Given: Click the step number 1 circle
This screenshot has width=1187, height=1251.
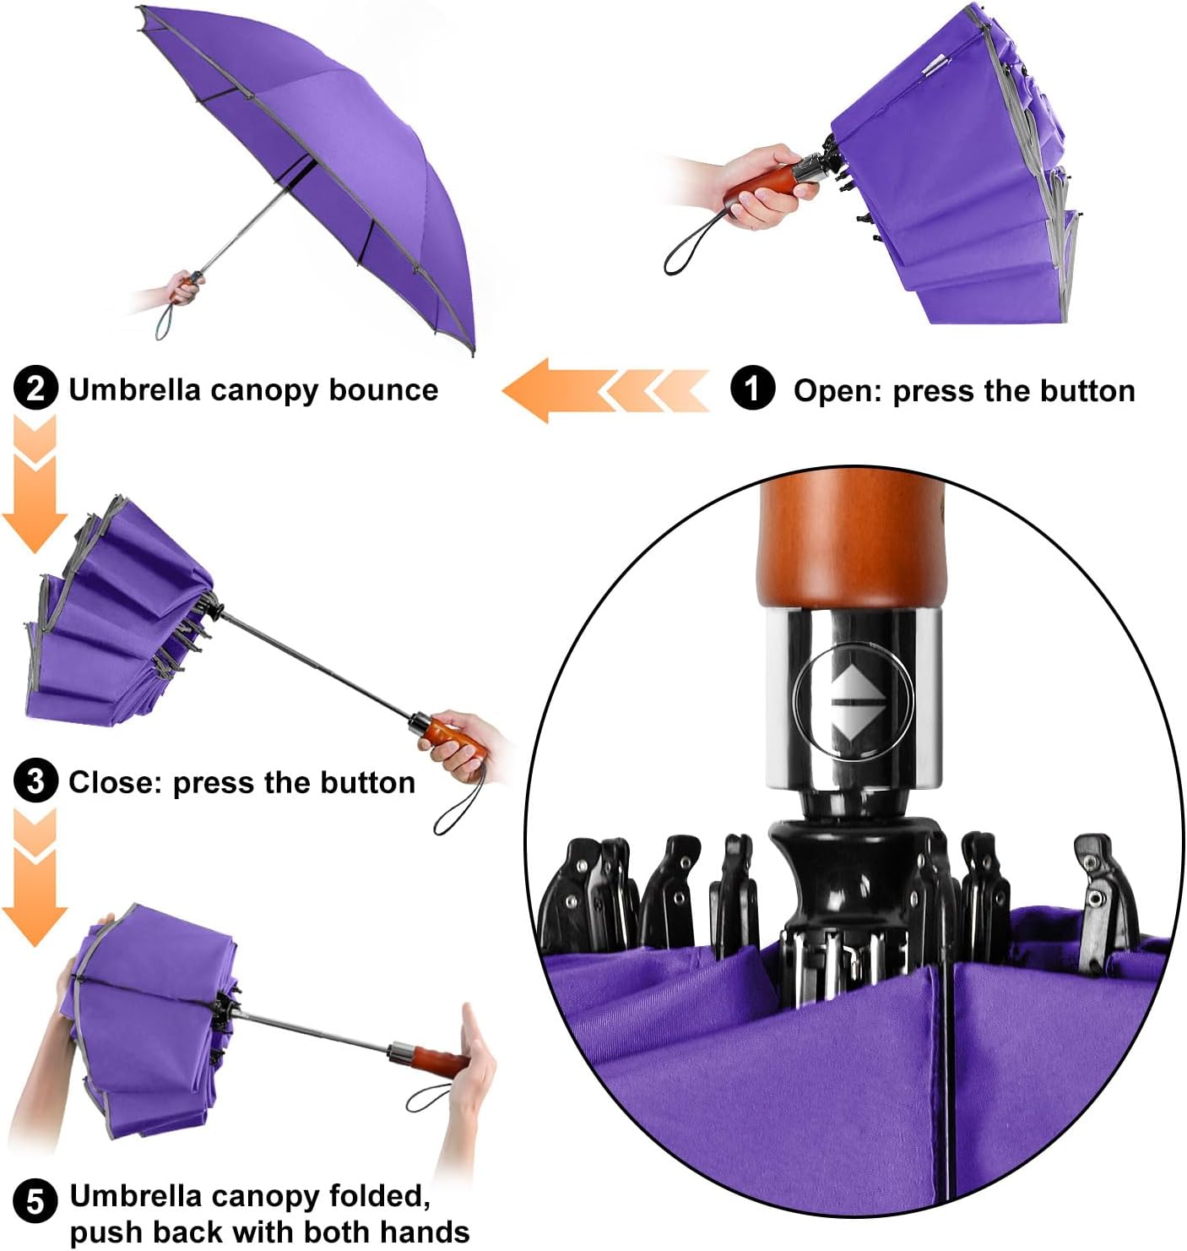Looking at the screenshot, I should click(x=752, y=389).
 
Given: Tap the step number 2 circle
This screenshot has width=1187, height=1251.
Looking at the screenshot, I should click(x=35, y=389).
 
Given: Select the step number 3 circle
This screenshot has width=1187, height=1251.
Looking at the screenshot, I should click(x=35, y=781).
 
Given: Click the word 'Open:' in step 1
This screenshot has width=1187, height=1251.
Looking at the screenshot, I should click(x=837, y=391).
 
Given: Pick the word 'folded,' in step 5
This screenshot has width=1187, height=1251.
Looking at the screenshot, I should click(x=380, y=1197).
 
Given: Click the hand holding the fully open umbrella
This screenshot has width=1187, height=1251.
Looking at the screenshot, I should click(x=182, y=290).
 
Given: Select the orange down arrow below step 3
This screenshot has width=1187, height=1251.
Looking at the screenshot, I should click(x=35, y=878).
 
